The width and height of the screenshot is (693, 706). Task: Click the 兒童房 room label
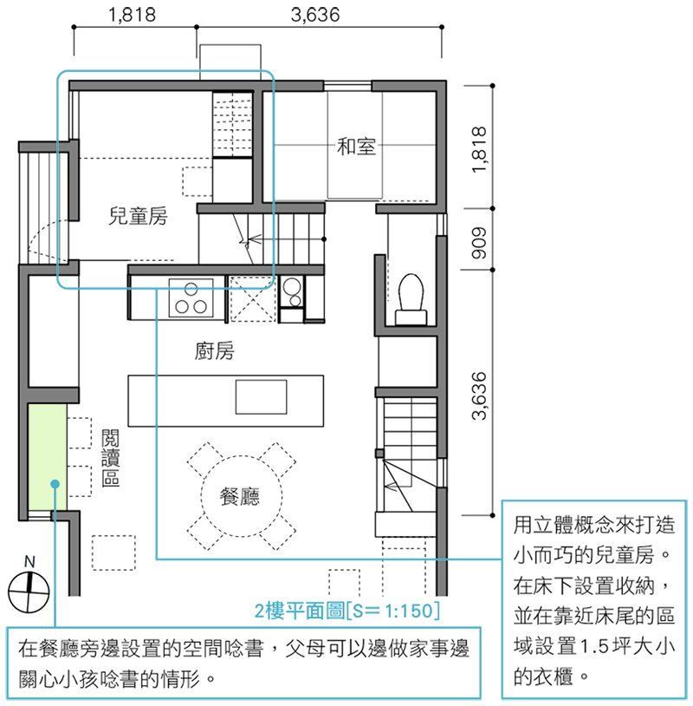point(138,216)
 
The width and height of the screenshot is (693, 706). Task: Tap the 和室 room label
point(356,147)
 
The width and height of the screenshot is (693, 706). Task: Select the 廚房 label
point(215,350)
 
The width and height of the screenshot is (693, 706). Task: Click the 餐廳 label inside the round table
point(240,496)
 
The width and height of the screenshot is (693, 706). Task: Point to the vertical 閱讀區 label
point(110,457)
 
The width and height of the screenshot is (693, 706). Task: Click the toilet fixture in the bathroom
point(411,299)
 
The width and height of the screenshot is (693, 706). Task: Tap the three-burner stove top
point(191,298)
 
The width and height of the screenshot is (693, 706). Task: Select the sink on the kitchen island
point(262,396)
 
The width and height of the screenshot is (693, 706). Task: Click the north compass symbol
point(29,592)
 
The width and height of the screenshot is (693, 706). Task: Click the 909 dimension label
point(479,243)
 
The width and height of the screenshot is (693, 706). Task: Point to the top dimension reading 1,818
point(133,15)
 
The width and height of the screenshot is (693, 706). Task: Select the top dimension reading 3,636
point(315,15)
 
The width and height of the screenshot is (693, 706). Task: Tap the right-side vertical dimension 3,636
point(479,395)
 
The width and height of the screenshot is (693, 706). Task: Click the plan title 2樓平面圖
point(300,611)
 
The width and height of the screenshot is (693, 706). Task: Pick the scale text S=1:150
point(392,611)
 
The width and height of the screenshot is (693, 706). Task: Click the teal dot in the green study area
point(55,484)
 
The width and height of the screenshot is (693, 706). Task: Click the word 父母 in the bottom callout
point(305,649)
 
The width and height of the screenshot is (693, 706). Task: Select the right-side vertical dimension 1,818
point(479,149)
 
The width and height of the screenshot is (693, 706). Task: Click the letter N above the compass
point(29,561)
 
